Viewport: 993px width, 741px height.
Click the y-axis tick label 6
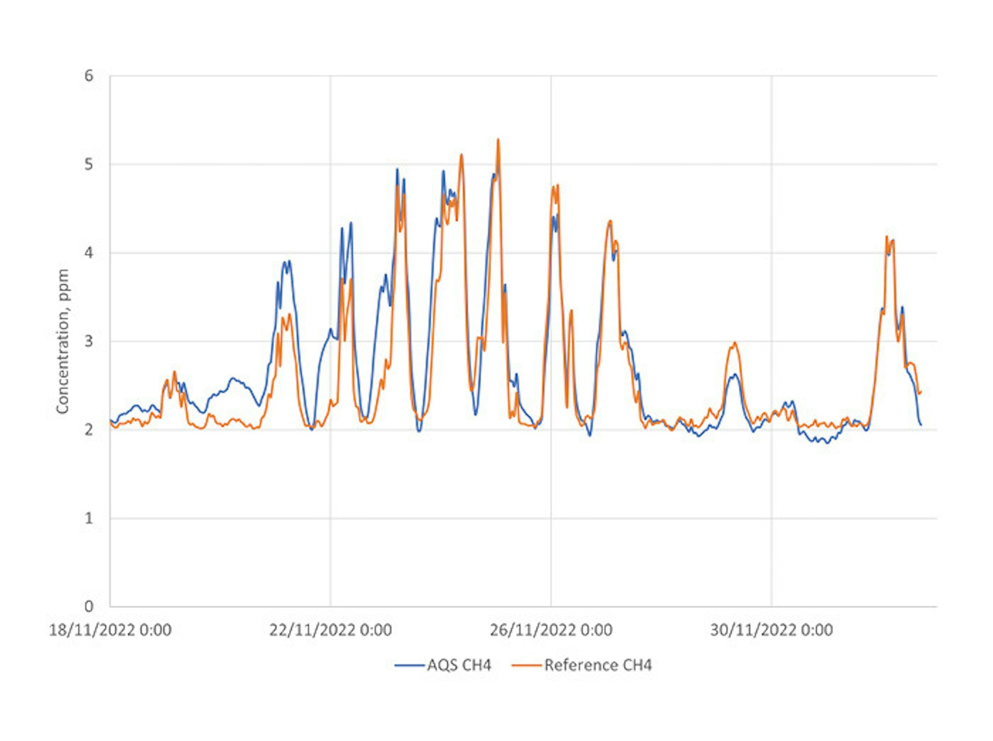coord(88,76)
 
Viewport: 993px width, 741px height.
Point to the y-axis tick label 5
coord(88,165)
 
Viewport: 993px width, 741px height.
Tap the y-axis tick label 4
coord(88,253)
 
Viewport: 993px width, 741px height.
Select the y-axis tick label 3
coord(88,341)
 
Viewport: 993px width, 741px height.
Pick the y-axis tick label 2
coord(88,430)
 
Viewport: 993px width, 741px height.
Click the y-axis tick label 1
coord(88,518)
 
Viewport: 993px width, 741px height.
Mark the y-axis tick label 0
coord(88,607)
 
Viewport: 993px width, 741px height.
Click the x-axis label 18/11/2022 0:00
coord(110,630)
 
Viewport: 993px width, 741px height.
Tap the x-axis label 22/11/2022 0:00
coord(330,630)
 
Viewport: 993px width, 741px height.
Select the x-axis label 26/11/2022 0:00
coord(551,630)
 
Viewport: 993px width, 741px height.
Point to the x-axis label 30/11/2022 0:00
coord(771,630)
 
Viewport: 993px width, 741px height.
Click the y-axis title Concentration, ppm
coord(63,341)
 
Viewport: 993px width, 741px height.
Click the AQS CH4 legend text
coord(459,665)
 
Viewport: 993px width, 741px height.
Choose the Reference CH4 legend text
coord(598,665)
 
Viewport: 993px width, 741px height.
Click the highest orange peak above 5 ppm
coord(498,140)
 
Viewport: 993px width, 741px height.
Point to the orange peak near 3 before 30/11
coord(735,343)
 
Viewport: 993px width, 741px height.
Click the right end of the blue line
coord(921,425)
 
